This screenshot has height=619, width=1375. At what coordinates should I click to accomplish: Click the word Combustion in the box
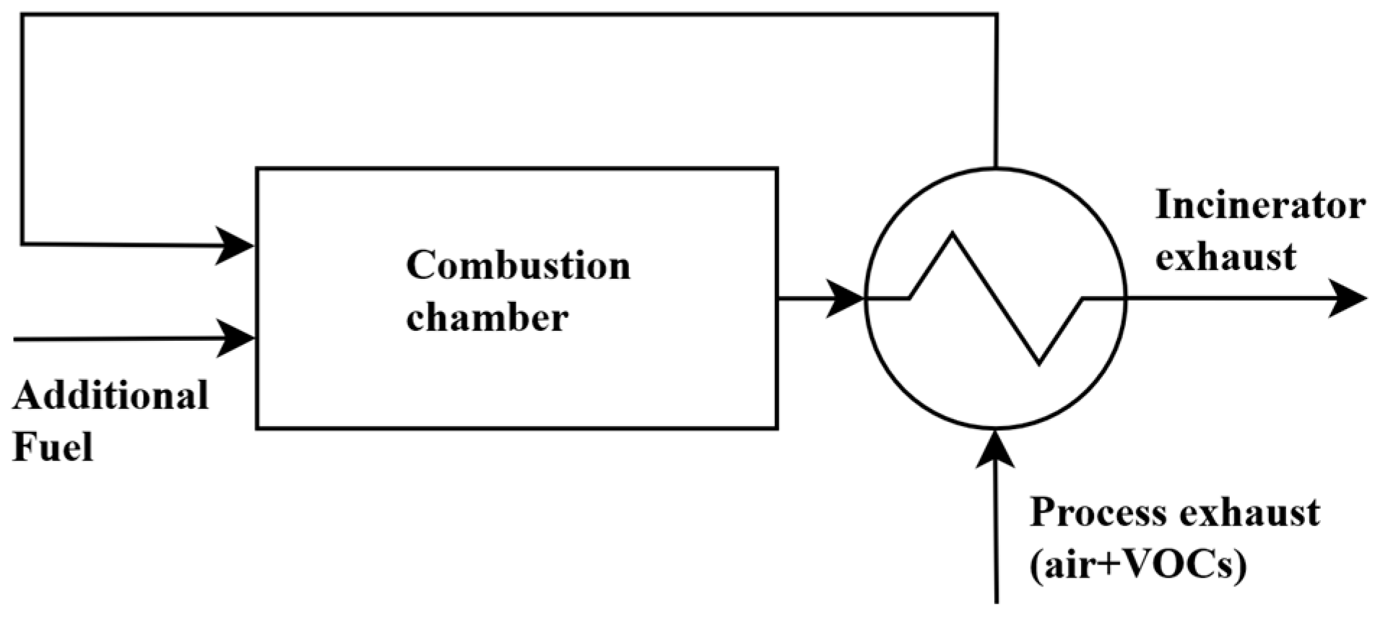pyautogui.click(x=518, y=266)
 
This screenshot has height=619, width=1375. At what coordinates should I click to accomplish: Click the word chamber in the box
pyautogui.click(x=487, y=318)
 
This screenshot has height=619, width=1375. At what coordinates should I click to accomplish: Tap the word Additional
pyautogui.click(x=110, y=396)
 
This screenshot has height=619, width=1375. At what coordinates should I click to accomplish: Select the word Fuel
pyautogui.click(x=53, y=447)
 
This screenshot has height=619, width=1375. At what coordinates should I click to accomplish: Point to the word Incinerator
pyautogui.click(x=1260, y=205)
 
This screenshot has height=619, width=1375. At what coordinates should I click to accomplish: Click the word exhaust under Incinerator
pyautogui.click(x=1226, y=257)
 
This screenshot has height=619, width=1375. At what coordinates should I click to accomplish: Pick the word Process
pyautogui.click(x=1098, y=513)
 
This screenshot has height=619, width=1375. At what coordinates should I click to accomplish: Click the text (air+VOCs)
pyautogui.click(x=1137, y=566)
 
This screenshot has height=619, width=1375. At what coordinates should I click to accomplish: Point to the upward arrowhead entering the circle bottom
pyautogui.click(x=997, y=448)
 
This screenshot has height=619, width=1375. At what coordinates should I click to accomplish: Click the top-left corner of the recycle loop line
pyautogui.click(x=22, y=15)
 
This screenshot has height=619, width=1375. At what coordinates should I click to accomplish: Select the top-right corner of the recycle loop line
pyautogui.click(x=997, y=15)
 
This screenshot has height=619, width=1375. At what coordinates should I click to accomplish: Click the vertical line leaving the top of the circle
pyautogui.click(x=997, y=94)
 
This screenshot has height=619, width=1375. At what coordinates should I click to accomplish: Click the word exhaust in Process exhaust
pyautogui.click(x=1249, y=513)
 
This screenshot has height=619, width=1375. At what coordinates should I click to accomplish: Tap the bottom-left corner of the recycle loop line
pyautogui.click(x=22, y=243)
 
